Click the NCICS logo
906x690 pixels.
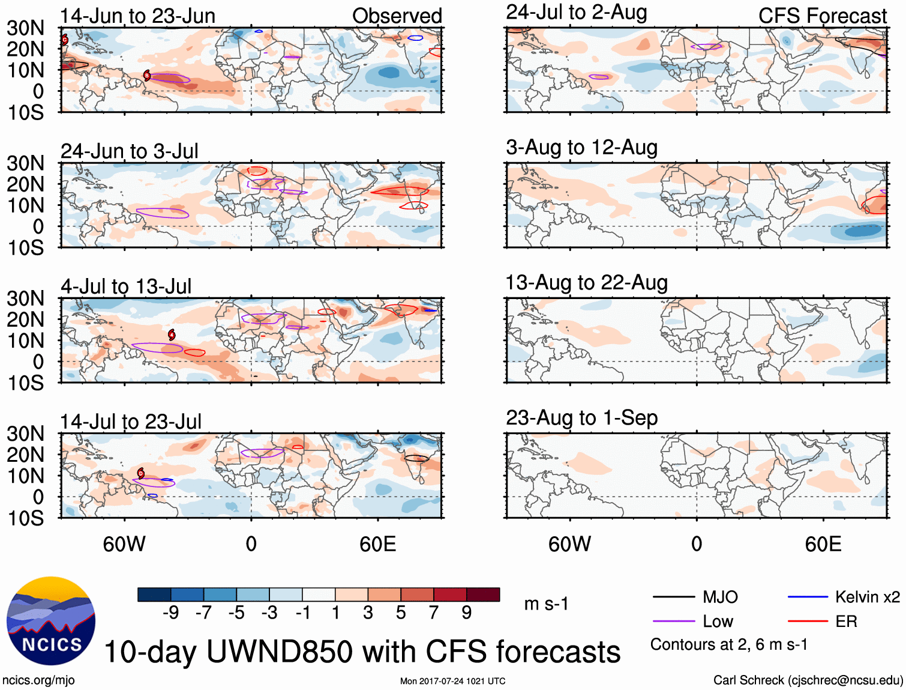51,621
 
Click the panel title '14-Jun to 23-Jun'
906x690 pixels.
137,16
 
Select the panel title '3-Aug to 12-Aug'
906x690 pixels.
581,148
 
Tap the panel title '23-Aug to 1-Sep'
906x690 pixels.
581,418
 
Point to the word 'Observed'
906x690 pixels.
397,16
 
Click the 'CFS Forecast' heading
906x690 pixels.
822,16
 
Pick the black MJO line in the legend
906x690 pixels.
673,597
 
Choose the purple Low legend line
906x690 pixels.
673,622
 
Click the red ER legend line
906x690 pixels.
808,622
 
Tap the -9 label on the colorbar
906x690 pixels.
170,613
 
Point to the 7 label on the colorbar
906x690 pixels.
434,613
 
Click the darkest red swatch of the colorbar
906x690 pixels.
483,595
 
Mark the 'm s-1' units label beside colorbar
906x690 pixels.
546,604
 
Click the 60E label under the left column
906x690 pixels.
377,544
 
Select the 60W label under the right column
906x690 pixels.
569,544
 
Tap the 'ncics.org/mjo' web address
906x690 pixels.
38,680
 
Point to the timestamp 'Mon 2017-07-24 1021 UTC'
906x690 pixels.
452,681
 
